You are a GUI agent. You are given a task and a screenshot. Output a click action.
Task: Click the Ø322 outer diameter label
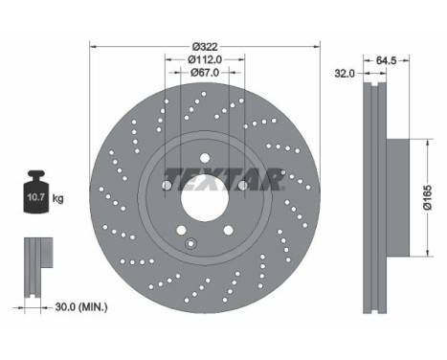[205, 47]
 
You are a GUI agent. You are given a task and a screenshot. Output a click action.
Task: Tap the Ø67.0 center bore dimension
[205, 74]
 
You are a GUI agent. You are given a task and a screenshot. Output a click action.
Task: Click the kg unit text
[58, 198]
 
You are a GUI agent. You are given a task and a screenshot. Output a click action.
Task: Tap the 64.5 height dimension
[387, 61]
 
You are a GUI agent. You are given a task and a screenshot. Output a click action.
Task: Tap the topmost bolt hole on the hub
[205, 159]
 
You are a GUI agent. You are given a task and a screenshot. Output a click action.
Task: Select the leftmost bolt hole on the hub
[168, 186]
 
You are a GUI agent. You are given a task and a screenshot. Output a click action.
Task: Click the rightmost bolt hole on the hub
[242, 186]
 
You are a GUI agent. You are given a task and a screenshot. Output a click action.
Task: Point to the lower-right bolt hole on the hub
[228, 230]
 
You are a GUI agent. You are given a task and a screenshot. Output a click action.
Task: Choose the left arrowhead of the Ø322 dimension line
[94, 47]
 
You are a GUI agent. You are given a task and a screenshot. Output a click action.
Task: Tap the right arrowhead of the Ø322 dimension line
[316, 47]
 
